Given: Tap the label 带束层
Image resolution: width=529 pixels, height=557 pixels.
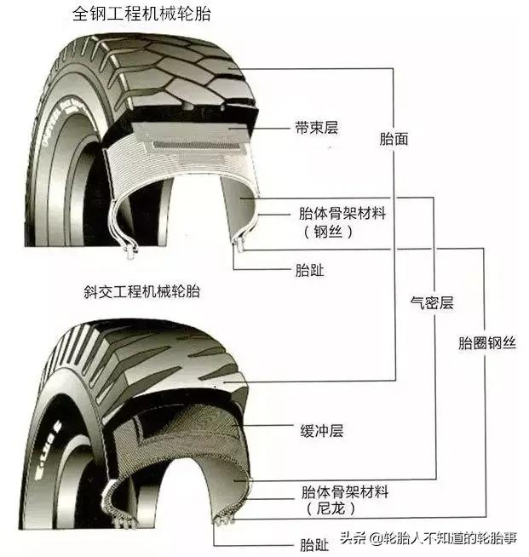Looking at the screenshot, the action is [x=317, y=129].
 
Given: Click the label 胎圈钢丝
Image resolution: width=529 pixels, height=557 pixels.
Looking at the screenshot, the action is [x=486, y=343].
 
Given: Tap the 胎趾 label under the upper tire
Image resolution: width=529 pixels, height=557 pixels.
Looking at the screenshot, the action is [x=309, y=271].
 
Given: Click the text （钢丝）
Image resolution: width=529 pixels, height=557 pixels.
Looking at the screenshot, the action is [x=324, y=231].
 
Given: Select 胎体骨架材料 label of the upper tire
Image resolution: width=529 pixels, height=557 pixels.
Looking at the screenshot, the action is [x=342, y=213].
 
